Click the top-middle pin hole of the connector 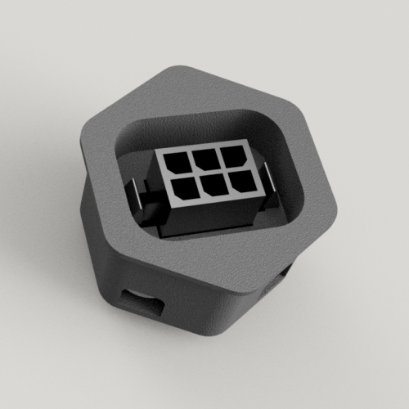204,157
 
